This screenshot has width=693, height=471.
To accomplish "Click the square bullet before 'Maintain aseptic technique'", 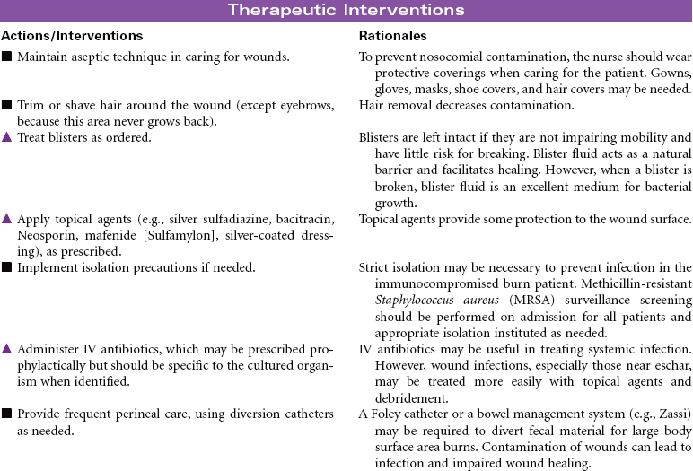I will (7, 57).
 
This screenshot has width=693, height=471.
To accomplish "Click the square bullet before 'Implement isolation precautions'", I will (7, 267).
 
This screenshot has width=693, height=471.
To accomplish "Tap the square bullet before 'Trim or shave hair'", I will (7, 106).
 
